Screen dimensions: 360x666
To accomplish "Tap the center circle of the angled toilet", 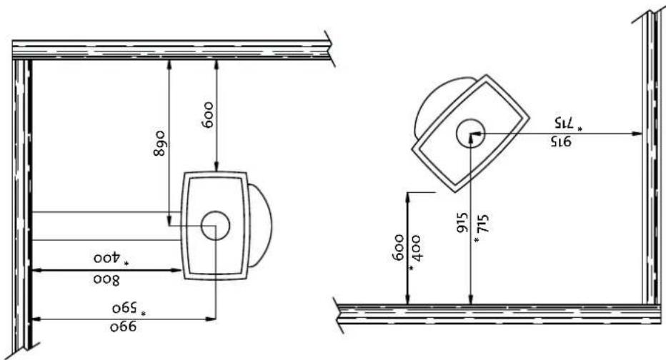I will (x=471, y=134).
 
